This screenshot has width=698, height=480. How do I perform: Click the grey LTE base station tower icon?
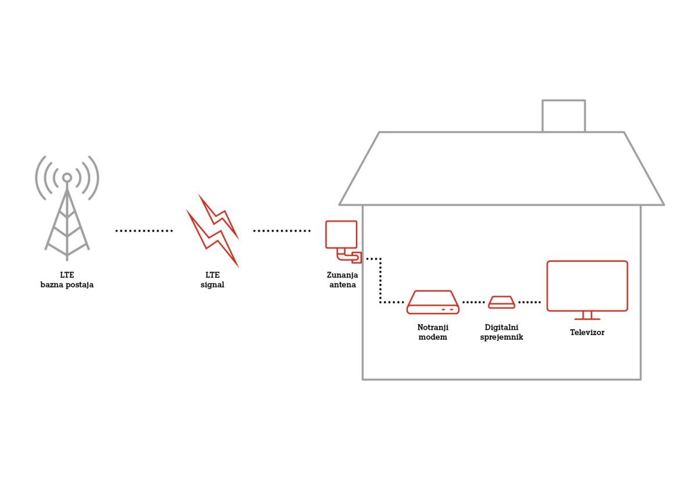(x=67, y=218)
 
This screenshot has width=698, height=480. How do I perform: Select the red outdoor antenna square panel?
(x=341, y=234)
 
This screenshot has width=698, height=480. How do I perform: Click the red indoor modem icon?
(x=433, y=302)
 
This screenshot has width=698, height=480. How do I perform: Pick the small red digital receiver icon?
(x=501, y=302)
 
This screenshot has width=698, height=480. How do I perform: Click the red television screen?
(x=587, y=286)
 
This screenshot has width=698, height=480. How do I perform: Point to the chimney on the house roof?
(x=564, y=116)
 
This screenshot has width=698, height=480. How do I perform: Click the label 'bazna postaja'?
(x=67, y=285)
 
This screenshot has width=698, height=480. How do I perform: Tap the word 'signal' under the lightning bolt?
(x=212, y=285)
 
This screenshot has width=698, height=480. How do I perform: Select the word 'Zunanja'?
(x=343, y=275)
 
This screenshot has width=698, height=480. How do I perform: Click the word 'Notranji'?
(x=433, y=328)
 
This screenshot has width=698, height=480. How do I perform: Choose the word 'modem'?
(x=433, y=337)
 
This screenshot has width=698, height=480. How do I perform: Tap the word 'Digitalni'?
(x=501, y=328)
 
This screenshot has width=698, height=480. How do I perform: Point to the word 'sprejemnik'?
(x=501, y=337)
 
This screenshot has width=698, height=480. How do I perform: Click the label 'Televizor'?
(x=587, y=333)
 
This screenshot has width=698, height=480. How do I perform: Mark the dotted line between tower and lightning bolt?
(x=144, y=231)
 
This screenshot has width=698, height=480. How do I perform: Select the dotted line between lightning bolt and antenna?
(x=282, y=231)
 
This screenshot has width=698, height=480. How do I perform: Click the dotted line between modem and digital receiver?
(x=473, y=303)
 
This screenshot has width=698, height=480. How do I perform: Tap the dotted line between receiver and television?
(x=529, y=303)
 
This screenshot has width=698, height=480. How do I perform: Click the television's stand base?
(x=587, y=319)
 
